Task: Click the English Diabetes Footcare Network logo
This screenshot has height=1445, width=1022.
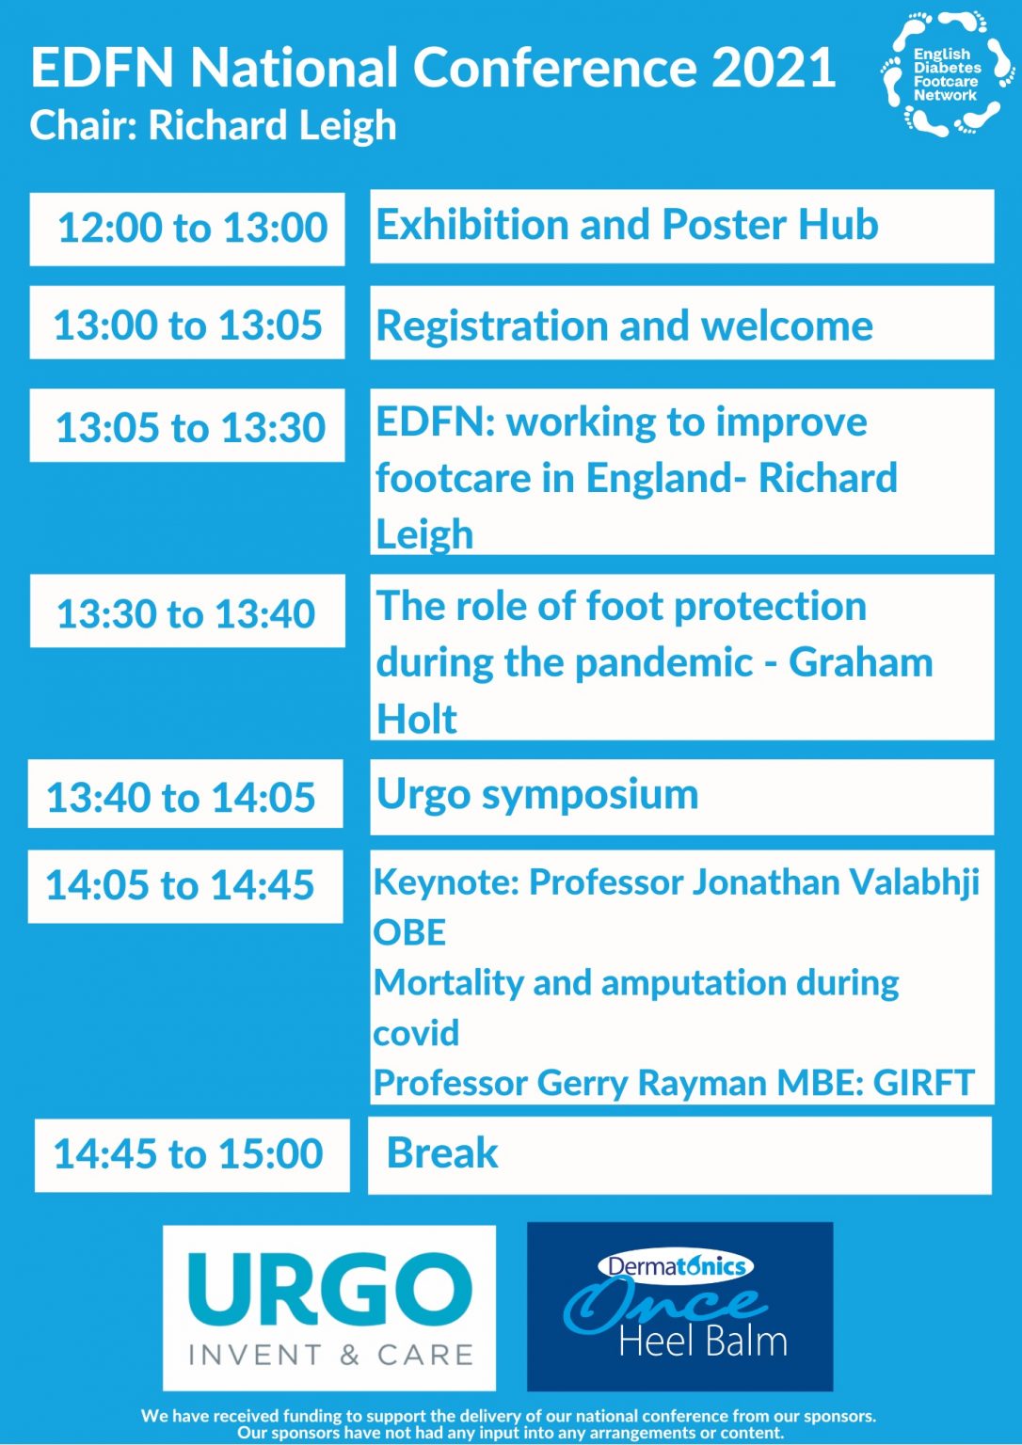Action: (x=948, y=74)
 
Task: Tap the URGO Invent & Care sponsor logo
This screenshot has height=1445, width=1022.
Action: (x=329, y=1307)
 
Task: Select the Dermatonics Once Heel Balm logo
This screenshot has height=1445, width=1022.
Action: (x=679, y=1306)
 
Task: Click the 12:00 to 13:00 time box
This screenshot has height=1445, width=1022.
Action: (x=187, y=229)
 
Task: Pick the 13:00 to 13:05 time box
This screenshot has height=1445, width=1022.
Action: (x=187, y=325)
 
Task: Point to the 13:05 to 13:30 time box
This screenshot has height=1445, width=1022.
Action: (x=187, y=426)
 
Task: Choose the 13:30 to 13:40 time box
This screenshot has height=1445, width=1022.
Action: (x=187, y=612)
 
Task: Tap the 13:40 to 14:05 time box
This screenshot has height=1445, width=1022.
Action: (x=185, y=796)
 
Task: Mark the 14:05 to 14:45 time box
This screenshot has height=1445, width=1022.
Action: (x=185, y=885)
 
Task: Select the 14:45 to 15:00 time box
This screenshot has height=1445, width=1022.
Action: (x=192, y=1154)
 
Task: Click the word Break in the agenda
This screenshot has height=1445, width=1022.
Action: (x=442, y=1153)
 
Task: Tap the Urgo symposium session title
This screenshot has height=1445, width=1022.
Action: (x=537, y=794)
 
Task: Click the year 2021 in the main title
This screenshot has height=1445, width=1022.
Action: (x=774, y=68)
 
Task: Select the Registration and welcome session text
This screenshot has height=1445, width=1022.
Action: (x=624, y=326)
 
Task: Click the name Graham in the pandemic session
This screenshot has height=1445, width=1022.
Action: (x=860, y=662)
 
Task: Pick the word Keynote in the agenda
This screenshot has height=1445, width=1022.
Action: (x=446, y=882)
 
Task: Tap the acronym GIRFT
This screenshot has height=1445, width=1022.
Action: (x=923, y=1083)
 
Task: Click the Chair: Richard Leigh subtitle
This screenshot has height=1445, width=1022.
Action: (x=214, y=125)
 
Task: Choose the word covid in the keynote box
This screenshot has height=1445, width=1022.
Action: (x=416, y=1033)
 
